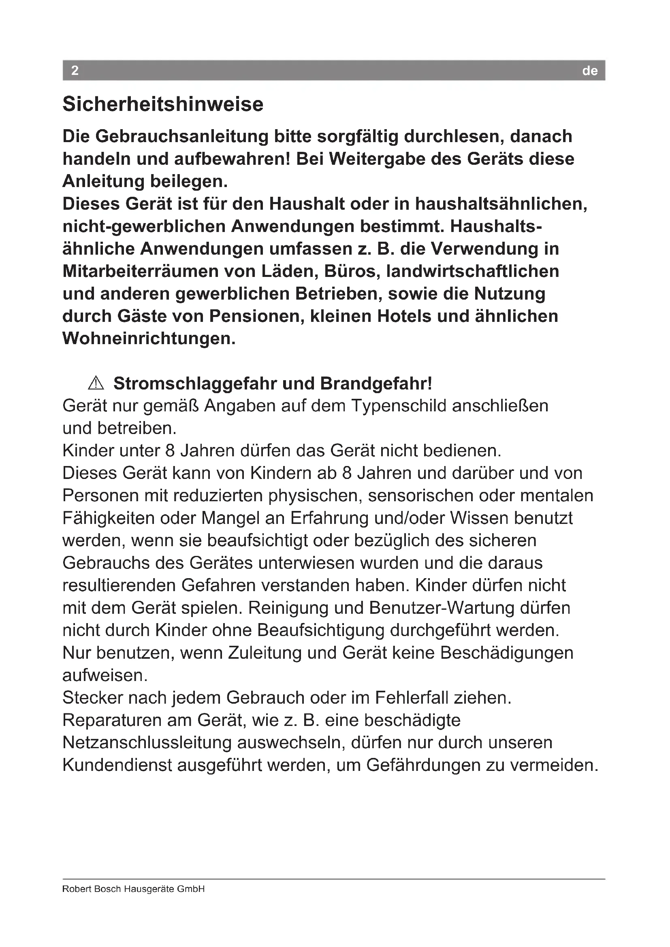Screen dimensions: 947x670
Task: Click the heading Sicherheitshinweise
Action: tap(162, 104)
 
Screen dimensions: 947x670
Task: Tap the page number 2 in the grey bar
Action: tap(75, 70)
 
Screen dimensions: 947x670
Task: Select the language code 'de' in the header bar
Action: tap(589, 71)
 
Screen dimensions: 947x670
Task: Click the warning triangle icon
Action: tap(96, 383)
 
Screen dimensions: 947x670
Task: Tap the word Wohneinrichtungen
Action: tap(149, 338)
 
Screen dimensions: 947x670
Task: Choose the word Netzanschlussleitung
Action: tap(147, 743)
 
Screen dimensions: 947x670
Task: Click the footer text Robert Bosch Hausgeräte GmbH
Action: tap(133, 889)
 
